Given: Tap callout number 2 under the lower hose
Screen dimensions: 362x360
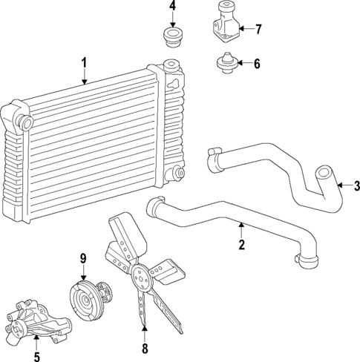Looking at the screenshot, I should click(241, 245).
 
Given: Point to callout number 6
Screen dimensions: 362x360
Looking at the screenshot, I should click(257, 64).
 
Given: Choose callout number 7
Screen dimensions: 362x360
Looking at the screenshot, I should click(258, 30).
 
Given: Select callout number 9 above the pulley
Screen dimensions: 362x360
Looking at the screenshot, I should click(84, 259).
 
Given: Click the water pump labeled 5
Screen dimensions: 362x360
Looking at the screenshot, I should click(37, 319).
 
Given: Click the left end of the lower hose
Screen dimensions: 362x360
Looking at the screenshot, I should click(155, 205).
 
